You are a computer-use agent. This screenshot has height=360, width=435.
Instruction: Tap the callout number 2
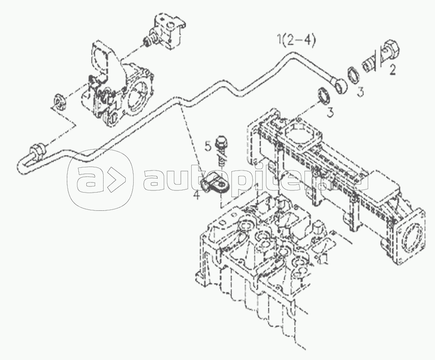(x=392, y=69)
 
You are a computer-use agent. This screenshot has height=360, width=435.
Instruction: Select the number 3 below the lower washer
(x=330, y=112)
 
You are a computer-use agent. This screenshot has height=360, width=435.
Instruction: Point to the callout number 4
(x=196, y=195)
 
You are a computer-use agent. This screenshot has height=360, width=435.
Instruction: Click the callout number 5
(x=208, y=146)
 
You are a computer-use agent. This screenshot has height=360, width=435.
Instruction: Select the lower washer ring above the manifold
(x=324, y=95)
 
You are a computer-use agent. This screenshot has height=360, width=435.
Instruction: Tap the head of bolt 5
(x=221, y=140)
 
